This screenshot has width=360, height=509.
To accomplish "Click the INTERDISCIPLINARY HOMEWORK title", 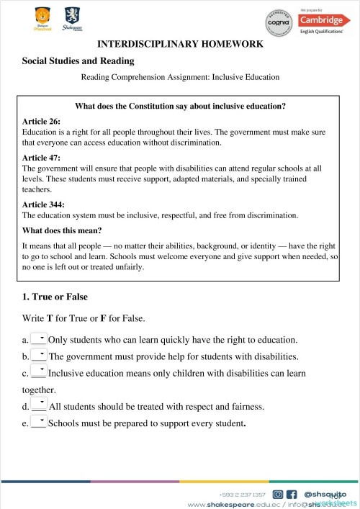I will point(179,45).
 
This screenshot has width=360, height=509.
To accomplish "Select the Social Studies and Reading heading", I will point(78,62).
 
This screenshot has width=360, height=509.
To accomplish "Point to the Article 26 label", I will point(42,122).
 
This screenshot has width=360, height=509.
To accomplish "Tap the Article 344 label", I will point(44,204).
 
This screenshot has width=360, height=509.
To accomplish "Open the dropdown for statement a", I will point(39,338).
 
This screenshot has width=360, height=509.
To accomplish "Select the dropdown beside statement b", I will point(39,356).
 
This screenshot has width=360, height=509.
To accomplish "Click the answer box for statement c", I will point(39,373).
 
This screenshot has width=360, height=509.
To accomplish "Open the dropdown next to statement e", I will point(39,423).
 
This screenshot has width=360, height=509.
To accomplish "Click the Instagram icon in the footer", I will point(277,495).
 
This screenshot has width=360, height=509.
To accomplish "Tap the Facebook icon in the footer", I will point(292,495).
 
